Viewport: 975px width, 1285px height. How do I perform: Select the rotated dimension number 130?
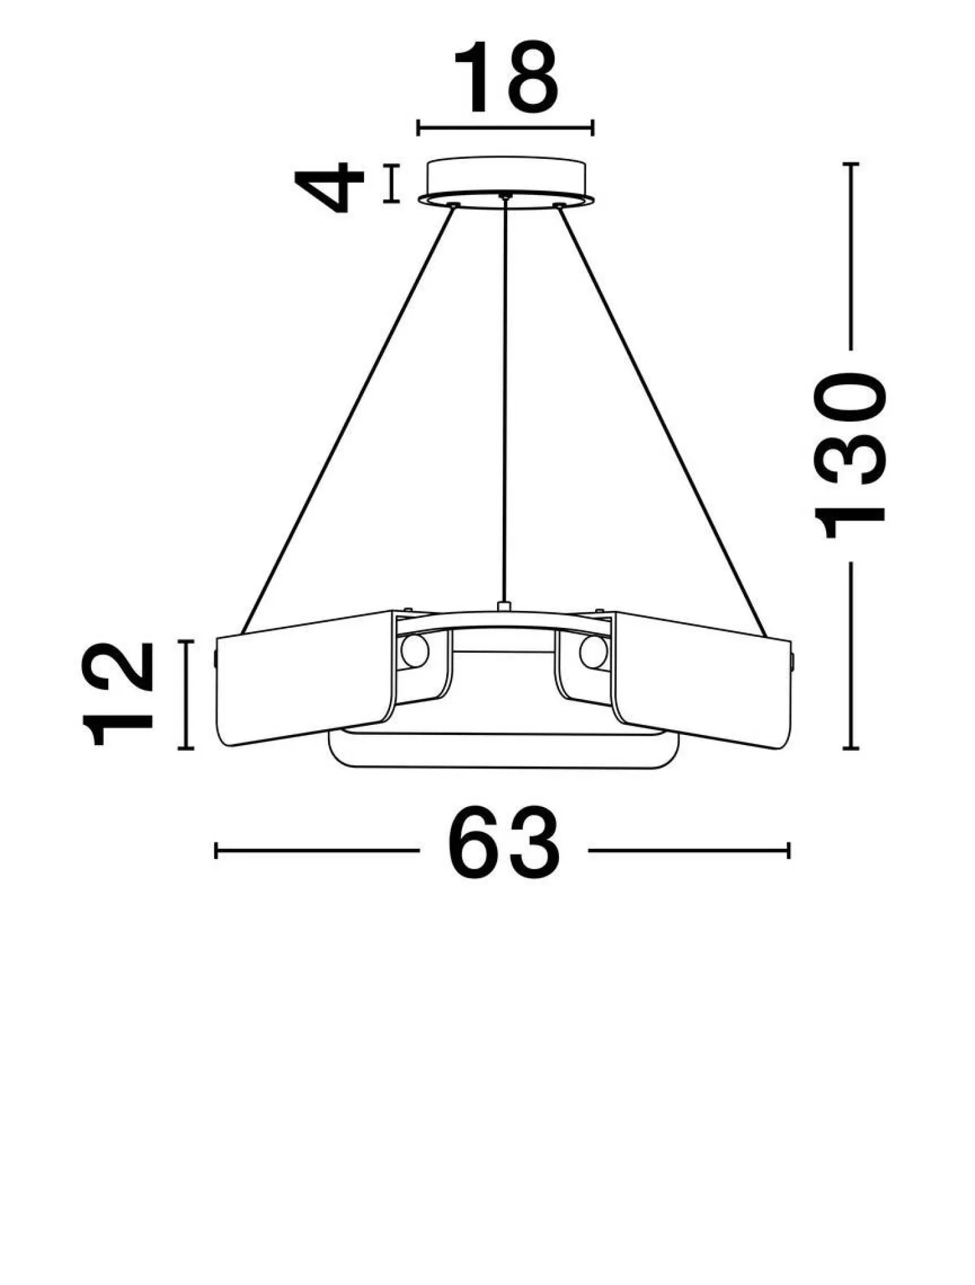850,456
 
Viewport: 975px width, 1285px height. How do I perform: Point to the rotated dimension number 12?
118,694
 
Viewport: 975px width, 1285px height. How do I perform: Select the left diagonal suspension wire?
348,420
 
